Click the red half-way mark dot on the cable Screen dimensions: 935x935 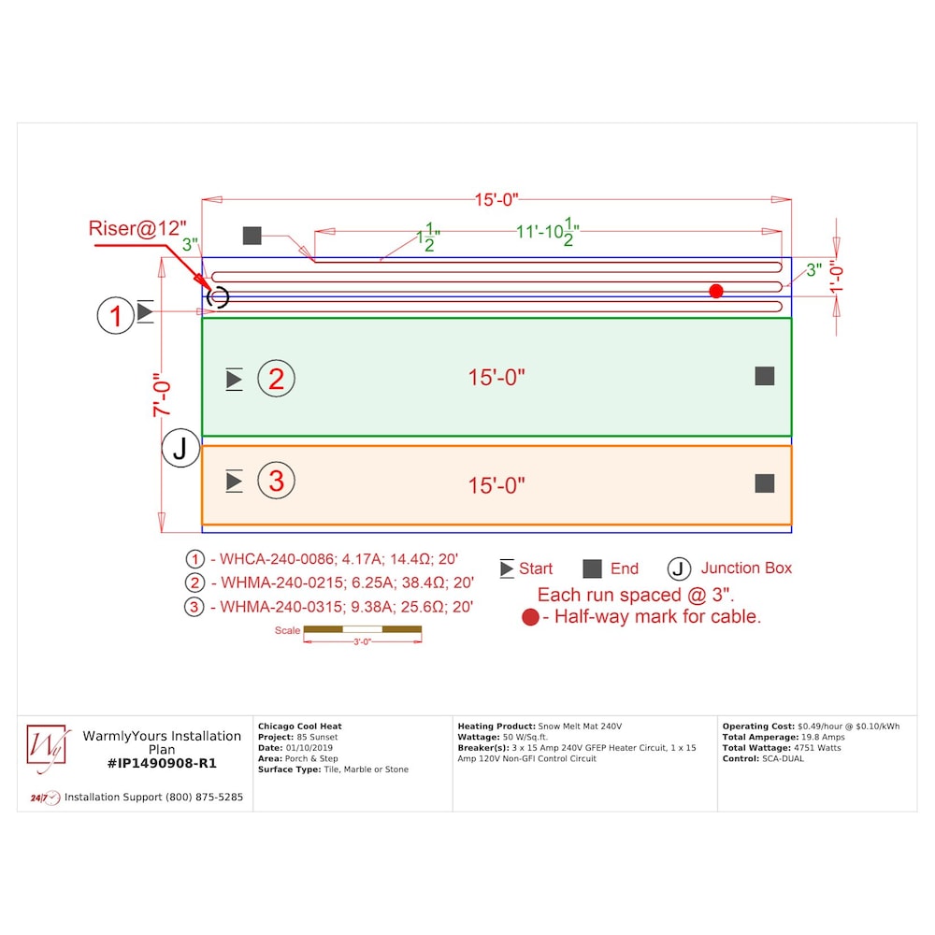point(716,291)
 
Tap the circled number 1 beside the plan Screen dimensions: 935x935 point(116,315)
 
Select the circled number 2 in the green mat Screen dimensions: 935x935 point(276,379)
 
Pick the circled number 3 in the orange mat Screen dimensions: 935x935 point(276,481)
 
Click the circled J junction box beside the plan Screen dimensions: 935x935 point(180,448)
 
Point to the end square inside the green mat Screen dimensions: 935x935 point(765,376)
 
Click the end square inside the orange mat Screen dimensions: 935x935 point(765,483)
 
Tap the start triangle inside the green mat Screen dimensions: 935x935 point(235,380)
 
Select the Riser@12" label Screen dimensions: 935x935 point(137,228)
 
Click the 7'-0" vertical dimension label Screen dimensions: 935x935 point(162,395)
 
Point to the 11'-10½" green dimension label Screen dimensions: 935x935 point(547,231)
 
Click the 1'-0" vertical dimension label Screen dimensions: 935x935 point(837,279)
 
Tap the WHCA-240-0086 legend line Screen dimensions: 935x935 point(322,559)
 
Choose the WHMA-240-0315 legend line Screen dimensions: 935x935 point(328,607)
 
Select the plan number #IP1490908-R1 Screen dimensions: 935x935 point(162,763)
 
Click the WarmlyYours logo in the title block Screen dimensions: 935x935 point(47,746)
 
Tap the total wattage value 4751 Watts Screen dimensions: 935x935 point(817,748)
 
